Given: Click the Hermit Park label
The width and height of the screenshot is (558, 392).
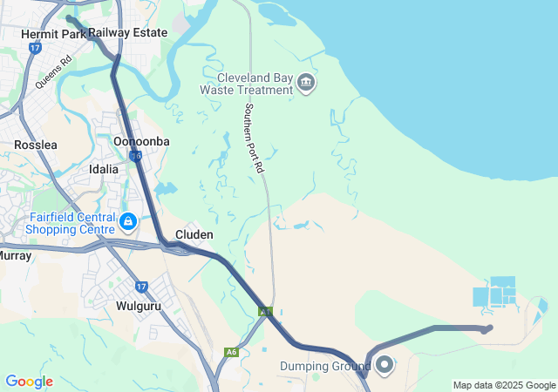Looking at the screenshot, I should (x=53, y=34).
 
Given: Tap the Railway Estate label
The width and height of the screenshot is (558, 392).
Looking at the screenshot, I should (x=127, y=32).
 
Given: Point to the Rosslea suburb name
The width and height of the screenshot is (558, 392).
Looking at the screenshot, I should (x=36, y=145).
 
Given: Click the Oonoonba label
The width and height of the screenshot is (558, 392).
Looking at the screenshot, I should (x=142, y=141).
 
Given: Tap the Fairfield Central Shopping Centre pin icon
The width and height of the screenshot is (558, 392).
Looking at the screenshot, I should (x=128, y=222).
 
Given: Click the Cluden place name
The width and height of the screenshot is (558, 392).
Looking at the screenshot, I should (x=194, y=234).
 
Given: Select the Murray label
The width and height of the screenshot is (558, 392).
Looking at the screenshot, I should (x=16, y=256).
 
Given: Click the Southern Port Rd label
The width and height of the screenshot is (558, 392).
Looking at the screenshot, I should (x=254, y=139).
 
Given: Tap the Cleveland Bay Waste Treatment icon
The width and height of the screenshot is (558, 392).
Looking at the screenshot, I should (x=306, y=84).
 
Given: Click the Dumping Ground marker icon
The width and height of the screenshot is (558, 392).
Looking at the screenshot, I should (x=384, y=364).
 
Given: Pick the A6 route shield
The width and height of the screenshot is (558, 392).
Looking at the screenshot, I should (x=230, y=352).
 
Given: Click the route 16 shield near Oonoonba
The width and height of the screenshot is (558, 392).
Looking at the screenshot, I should (x=135, y=156).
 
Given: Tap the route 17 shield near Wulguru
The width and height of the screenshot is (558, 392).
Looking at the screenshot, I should (x=141, y=286).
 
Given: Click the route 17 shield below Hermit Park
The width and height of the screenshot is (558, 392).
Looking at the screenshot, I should (x=35, y=49).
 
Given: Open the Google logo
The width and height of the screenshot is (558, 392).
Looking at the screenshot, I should (x=29, y=382).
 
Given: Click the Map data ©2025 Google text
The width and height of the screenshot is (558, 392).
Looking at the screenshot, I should (x=504, y=385).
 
